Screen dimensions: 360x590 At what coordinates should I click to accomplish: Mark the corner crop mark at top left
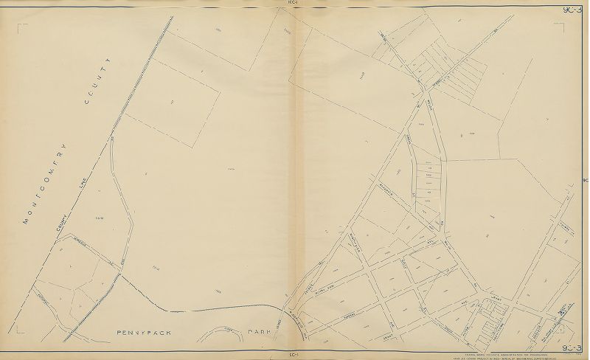(21, 27)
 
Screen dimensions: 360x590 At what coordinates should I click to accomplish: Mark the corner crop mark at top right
(565, 27)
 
